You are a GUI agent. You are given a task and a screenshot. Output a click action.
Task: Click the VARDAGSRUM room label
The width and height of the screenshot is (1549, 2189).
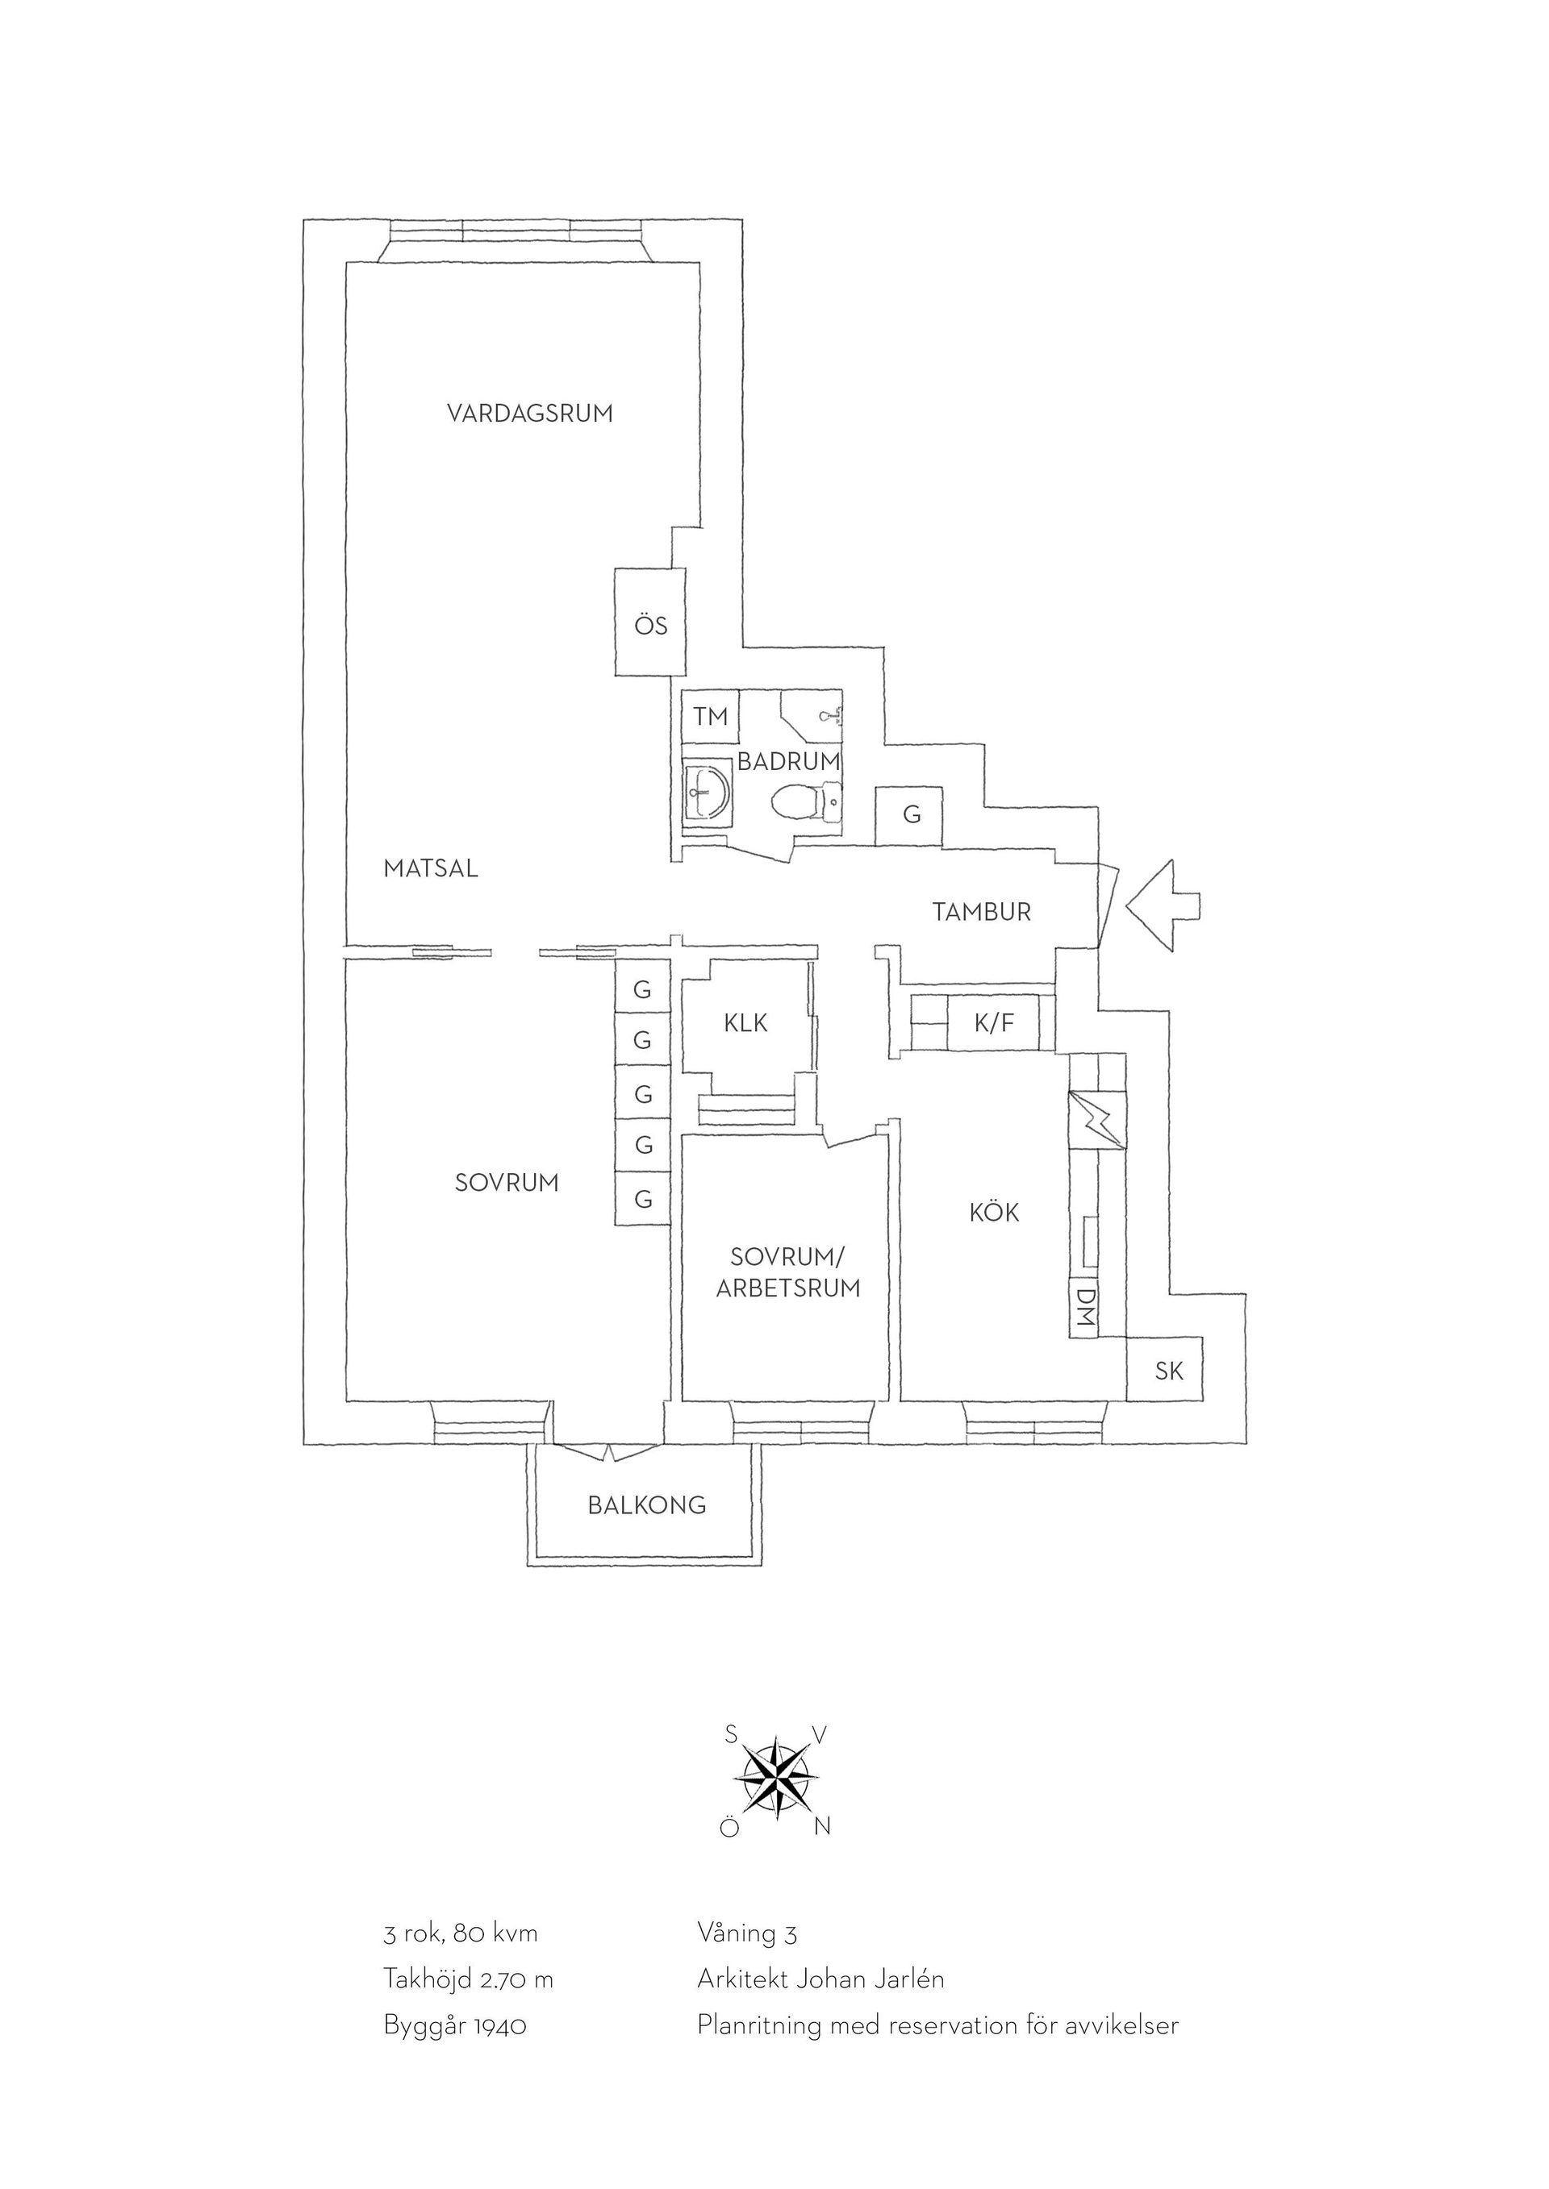530,414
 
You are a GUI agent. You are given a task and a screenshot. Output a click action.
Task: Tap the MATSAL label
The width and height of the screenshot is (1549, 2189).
430,868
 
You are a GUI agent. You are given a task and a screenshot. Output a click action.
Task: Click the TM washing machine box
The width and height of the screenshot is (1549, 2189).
711,716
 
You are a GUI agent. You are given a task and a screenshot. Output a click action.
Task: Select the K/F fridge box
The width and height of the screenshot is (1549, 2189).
994,1023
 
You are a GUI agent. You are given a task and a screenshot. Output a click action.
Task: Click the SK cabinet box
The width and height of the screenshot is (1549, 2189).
1165,1369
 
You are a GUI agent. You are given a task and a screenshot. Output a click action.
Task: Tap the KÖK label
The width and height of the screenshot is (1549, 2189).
994,1213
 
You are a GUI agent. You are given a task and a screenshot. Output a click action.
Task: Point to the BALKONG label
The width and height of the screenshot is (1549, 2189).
647,1505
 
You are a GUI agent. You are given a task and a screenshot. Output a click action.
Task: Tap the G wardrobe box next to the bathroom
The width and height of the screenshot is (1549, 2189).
911,815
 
